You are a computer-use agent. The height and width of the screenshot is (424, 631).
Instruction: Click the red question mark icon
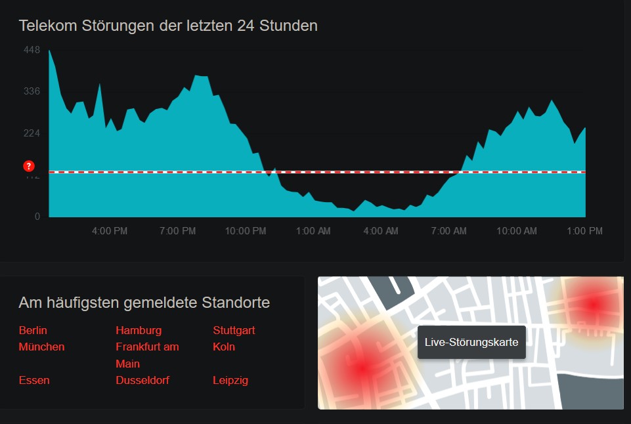[28, 166]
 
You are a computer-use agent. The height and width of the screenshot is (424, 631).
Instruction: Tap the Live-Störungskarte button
[471, 342]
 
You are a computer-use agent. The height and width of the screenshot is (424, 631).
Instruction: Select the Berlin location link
[33, 330]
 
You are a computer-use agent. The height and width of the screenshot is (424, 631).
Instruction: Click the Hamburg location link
[139, 330]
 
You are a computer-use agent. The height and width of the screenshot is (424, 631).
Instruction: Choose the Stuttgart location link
[234, 330]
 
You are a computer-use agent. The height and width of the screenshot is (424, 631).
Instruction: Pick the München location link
[42, 347]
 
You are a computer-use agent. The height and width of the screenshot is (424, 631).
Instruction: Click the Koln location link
[224, 347]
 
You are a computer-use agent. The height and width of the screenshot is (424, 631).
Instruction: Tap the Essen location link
[34, 380]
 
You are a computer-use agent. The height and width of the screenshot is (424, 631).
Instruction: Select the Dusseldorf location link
[142, 380]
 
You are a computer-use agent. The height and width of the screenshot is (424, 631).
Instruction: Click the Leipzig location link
[230, 380]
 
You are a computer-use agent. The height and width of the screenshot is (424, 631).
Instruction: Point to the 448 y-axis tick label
[32, 50]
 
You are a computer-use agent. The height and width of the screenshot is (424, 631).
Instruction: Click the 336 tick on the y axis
[32, 91]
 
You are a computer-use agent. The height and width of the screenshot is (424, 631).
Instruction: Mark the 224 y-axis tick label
[32, 133]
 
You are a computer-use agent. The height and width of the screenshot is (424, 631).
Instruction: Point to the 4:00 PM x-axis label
[109, 231]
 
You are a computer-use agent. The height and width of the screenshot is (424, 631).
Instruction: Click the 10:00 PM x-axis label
[245, 231]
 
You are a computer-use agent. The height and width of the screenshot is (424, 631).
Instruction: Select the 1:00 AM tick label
[313, 231]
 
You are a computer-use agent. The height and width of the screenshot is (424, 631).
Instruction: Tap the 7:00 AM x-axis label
[449, 231]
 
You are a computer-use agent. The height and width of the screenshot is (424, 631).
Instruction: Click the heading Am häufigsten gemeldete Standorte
[144, 303]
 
